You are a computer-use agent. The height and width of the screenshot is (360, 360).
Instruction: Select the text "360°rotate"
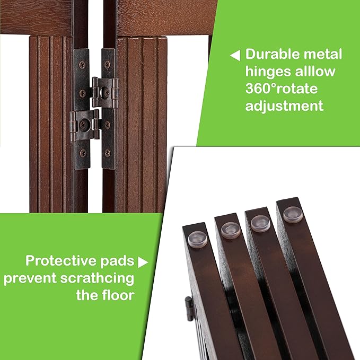coord(281,89)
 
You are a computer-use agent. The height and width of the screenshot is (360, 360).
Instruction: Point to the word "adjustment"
coord(284,106)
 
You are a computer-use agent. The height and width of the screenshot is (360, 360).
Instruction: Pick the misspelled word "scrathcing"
coord(102,278)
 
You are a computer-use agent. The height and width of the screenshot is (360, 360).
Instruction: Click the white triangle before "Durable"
coord(235,55)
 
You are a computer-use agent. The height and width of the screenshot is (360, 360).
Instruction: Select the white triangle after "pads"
coord(142,261)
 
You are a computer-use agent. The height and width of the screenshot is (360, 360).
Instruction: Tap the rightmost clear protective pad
coord(291,214)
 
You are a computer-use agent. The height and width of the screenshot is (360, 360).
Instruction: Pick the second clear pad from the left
coord(231,229)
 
